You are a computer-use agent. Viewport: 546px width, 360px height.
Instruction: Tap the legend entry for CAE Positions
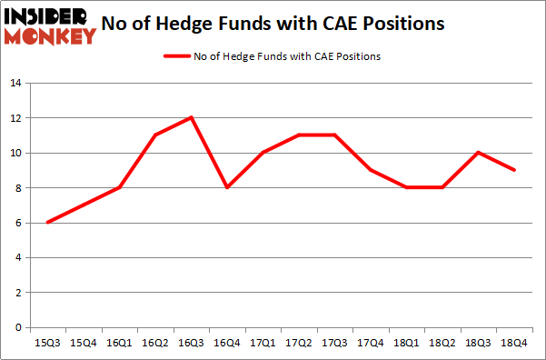click(273, 56)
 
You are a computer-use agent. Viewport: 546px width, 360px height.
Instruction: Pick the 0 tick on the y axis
click(17, 327)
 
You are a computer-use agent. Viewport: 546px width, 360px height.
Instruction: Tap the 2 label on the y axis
click(17, 293)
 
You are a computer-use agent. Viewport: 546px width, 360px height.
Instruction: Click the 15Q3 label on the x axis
click(47, 343)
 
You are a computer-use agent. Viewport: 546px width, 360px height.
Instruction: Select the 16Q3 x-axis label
click(191, 343)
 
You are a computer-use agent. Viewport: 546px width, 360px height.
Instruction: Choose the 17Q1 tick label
click(263, 343)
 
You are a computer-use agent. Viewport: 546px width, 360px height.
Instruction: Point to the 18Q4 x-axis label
click(513, 343)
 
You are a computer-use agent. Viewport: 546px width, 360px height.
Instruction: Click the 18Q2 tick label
click(442, 343)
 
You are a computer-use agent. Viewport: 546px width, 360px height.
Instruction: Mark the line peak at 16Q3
click(191, 117)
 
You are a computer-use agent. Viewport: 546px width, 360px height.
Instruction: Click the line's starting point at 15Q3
click(47, 223)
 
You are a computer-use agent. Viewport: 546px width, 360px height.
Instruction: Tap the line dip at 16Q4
click(226, 187)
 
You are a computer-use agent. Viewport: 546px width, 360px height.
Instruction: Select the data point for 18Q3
click(478, 153)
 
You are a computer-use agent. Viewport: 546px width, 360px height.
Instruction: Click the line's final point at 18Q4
click(513, 170)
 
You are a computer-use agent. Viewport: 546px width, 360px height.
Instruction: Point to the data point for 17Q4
click(370, 170)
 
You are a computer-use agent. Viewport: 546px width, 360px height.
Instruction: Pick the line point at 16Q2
click(155, 135)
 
